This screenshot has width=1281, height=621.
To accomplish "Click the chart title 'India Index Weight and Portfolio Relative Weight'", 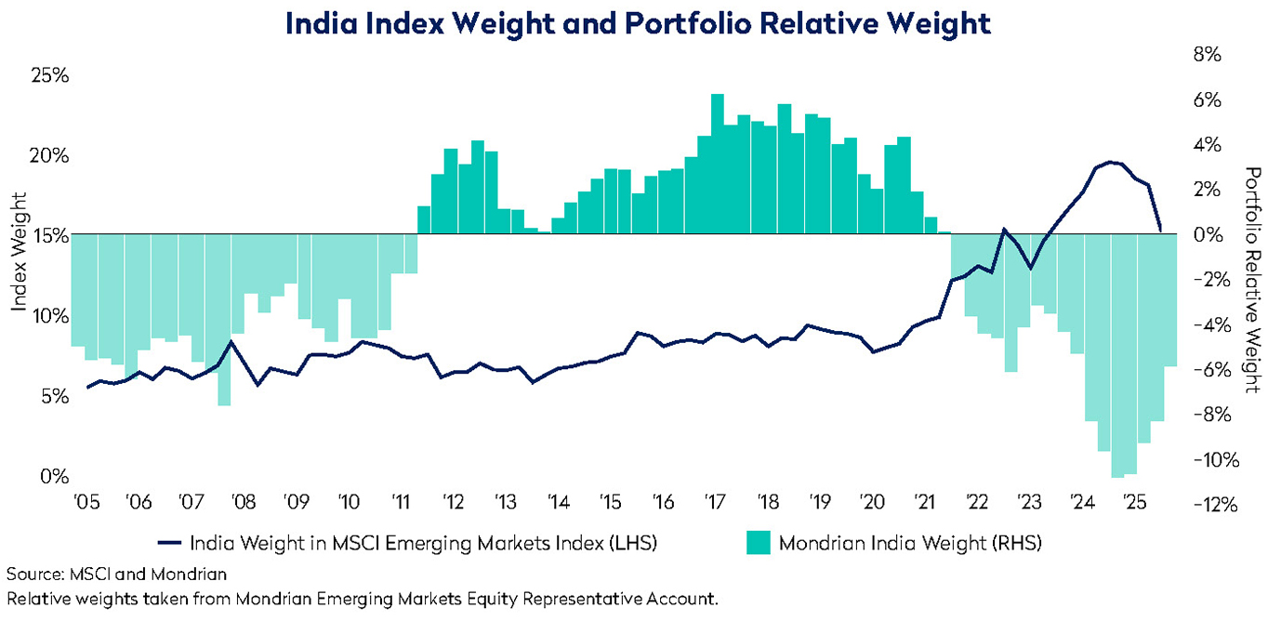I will pyautogui.click(x=638, y=23).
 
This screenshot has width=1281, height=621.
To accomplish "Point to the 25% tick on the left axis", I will pyautogui.click(x=49, y=75).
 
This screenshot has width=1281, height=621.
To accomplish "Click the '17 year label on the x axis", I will pyautogui.click(x=715, y=503).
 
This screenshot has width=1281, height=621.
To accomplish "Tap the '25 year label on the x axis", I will pyautogui.click(x=1134, y=503).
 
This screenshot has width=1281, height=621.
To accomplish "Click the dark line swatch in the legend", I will pyautogui.click(x=170, y=542).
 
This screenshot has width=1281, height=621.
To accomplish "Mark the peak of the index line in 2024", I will pyautogui.click(x=1113, y=163).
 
